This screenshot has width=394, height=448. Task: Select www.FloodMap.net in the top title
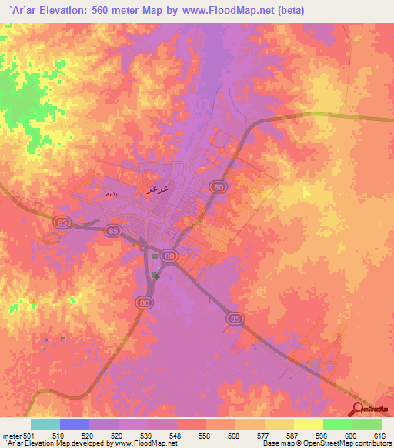pyautogui.click(x=232, y=11)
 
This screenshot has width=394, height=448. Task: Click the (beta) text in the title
pyautogui.click(x=289, y=11)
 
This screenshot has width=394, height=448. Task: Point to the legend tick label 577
pyautogui.click(x=265, y=436)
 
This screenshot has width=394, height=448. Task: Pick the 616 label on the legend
pyautogui.click(x=381, y=436)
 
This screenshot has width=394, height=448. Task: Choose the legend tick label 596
pyautogui.click(x=323, y=436)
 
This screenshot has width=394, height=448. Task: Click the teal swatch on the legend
pyautogui.click(x=45, y=424)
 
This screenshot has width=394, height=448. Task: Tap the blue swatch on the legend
pyautogui.click(x=75, y=424)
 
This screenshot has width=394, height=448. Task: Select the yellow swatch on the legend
pyautogui.click(x=308, y=424)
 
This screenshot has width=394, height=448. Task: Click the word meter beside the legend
pyautogui.click(x=12, y=436)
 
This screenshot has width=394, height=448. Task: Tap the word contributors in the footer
pyautogui.click(x=372, y=444)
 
